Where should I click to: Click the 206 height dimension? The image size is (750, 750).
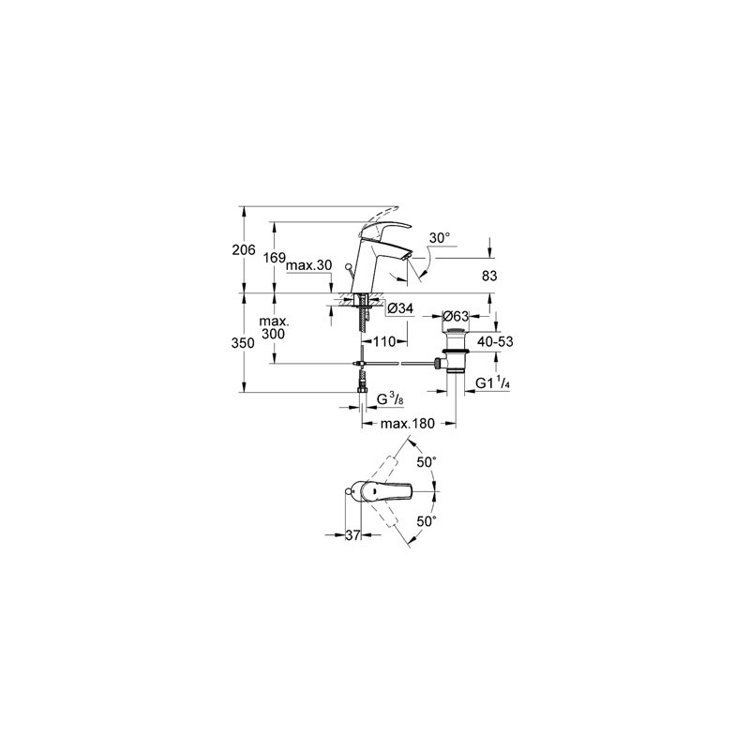244,249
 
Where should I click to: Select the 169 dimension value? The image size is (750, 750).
275,259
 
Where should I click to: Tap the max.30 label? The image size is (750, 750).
309,265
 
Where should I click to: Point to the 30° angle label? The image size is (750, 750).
440,238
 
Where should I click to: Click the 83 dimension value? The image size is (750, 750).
489,276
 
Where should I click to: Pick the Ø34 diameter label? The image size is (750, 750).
401,308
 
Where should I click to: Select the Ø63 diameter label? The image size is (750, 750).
456,316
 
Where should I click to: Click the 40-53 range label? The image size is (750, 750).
495,341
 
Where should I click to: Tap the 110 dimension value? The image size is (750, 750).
384,341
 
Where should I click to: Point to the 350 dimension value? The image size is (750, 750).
244,343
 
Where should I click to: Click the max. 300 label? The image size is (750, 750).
273,327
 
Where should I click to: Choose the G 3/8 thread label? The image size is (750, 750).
390,399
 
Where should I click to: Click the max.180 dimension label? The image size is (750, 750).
408,424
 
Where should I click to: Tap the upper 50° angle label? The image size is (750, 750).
427,462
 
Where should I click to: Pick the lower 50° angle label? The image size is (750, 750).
427,521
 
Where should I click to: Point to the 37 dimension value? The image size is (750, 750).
352,535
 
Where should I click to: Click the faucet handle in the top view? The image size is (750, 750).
386,492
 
